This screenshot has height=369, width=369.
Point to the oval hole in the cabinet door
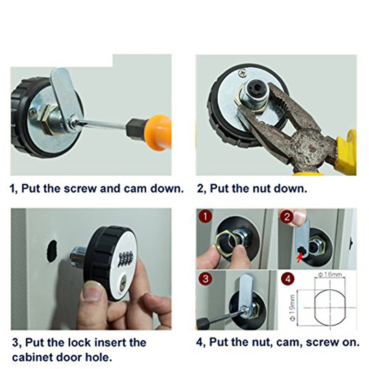pyautogui.click(x=52, y=251)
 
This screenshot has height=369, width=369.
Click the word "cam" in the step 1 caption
pyautogui.click(x=144, y=189)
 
